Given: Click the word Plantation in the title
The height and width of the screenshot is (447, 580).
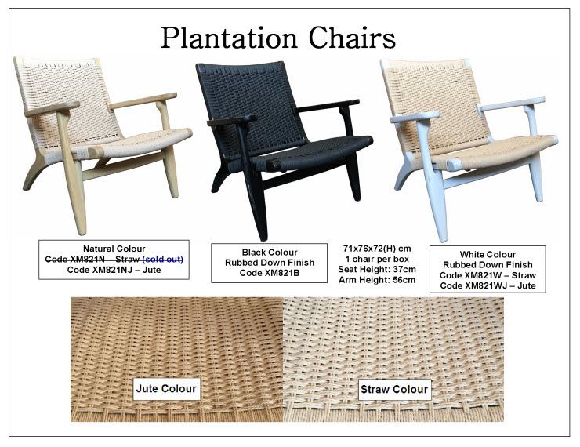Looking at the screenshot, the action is coord(230,38).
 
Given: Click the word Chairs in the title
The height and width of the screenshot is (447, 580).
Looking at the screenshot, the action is coord(352,37).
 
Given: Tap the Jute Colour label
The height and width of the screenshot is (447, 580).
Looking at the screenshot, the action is coord(166,388).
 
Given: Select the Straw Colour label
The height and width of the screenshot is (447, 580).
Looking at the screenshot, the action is coord(394,389).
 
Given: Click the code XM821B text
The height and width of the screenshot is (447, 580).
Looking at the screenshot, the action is coord(270,273).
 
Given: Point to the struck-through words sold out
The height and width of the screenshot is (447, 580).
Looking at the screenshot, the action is coord(163,259).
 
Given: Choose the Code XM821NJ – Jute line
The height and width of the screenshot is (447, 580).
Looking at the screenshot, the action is coord(114,270).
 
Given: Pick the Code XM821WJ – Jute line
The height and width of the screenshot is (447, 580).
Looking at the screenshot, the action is coord(488,285).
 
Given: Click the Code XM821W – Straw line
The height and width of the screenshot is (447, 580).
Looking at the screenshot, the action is coord(488,275).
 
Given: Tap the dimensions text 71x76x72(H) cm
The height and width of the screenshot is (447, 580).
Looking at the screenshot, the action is coord(377,249).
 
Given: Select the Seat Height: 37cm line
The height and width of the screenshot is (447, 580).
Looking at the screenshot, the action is coord(377,270).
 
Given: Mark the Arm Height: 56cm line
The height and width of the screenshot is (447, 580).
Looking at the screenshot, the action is coord(377,280).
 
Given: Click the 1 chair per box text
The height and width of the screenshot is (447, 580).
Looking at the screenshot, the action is coord(377,259).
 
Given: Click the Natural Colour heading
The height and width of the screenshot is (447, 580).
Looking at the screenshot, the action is coord(114,249).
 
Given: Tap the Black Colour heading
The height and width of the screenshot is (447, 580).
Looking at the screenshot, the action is coord(270,253).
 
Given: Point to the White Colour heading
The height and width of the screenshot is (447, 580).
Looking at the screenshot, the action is coord(488,255).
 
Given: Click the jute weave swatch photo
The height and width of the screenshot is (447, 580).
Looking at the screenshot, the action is coord(177,359).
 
